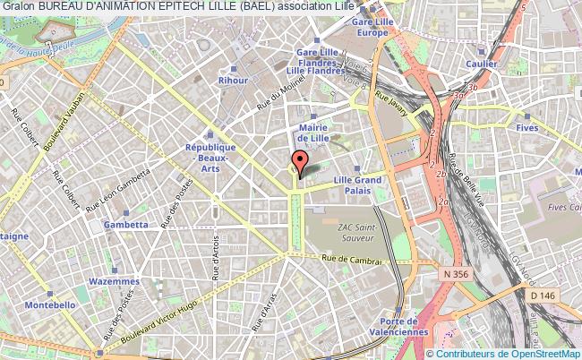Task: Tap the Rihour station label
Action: click(x=232, y=81)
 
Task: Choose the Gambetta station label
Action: click(x=126, y=225)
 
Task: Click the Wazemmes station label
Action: click(x=115, y=281)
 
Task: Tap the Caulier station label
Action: click(x=481, y=64)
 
